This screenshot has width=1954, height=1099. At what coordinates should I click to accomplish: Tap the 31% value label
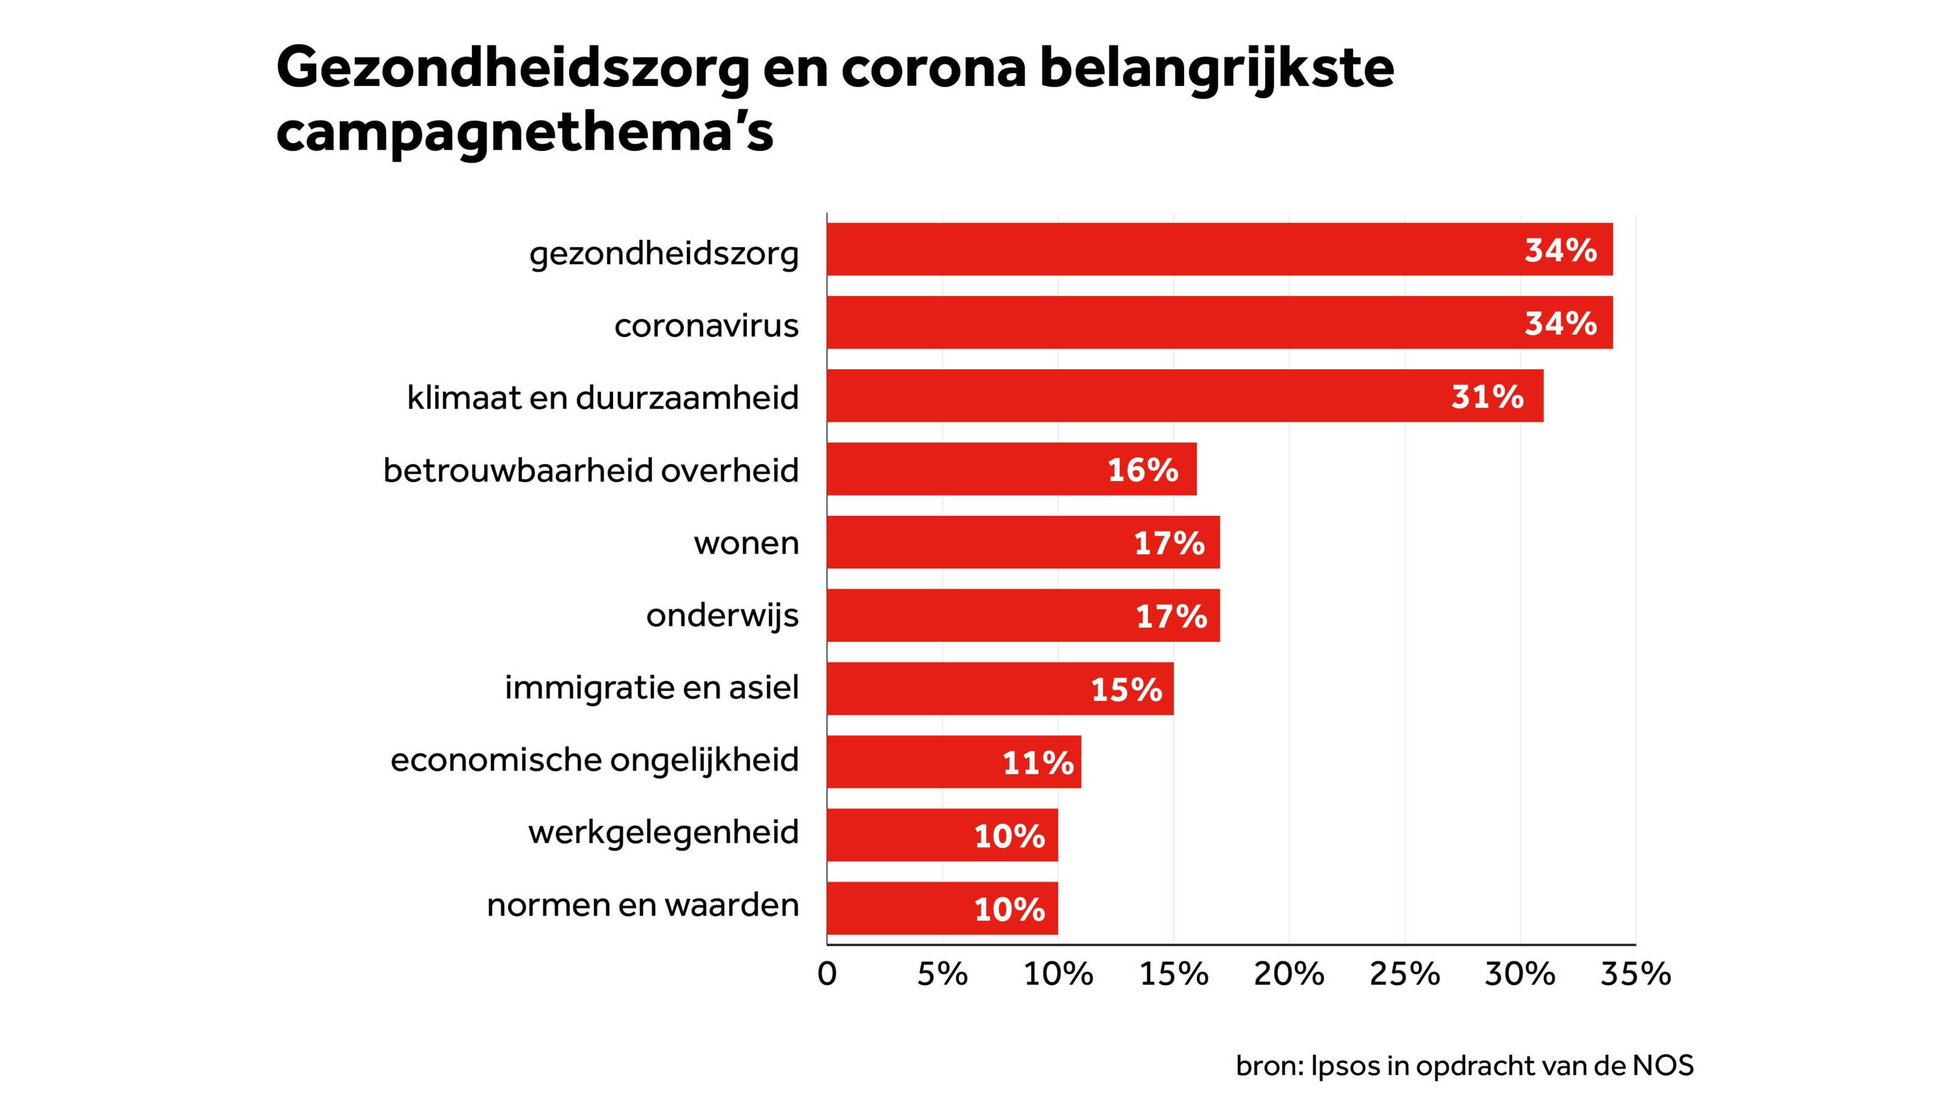[x=1487, y=397]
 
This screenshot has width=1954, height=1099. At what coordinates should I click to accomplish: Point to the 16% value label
[x=1142, y=470]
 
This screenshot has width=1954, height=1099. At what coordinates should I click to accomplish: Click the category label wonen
[x=746, y=543]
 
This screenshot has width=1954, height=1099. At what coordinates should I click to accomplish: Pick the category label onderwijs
[x=722, y=615]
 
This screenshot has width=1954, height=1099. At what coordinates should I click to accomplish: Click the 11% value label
[x=1037, y=762]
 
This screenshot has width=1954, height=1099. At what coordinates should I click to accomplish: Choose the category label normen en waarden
[x=642, y=905]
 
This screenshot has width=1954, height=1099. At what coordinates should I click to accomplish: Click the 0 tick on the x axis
[x=827, y=974]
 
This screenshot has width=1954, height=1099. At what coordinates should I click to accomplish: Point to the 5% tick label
[x=942, y=974]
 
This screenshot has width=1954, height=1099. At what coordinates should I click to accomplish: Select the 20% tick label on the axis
[x=1289, y=974]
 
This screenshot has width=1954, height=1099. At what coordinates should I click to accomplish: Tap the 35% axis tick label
[x=1635, y=974]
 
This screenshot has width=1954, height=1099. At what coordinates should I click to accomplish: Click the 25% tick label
[x=1404, y=974]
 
